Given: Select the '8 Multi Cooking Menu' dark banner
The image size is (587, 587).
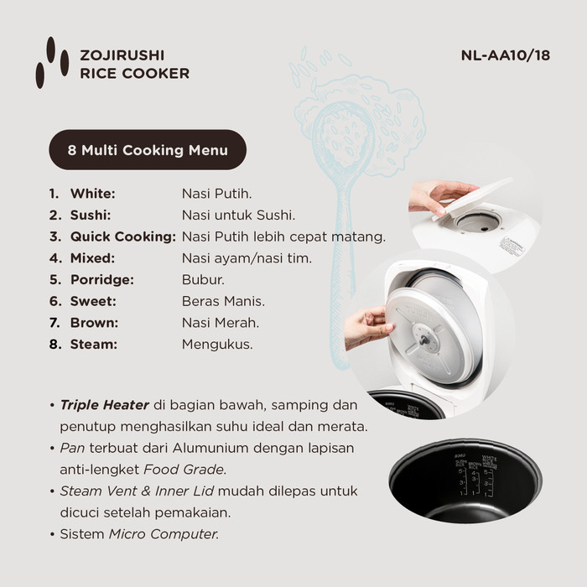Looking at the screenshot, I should coord(148,151).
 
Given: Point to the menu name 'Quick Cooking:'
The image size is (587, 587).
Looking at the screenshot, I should coord(122,236).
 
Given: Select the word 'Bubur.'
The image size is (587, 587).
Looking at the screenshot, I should coord(203,279).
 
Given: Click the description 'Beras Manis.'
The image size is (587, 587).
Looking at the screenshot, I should coord(223,301).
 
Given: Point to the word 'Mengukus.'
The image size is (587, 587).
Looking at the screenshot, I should coord(217,344).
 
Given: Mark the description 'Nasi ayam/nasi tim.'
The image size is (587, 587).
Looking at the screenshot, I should coord(247,258).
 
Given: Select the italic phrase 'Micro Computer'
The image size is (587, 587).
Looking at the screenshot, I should coord(164,533).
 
